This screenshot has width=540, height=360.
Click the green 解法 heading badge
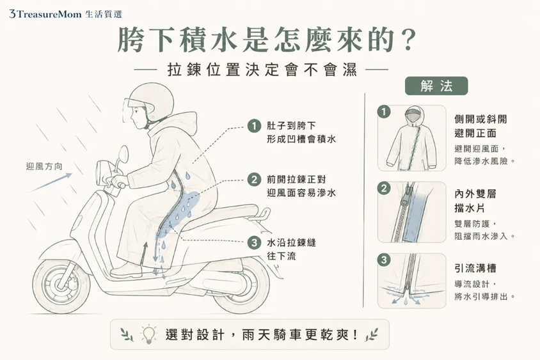point(436,86)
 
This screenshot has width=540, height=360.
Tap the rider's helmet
point(150,101)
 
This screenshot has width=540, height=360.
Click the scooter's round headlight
point(102,172)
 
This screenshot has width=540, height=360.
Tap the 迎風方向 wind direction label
point(44,167)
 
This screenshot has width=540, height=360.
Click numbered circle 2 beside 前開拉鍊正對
point(254,180)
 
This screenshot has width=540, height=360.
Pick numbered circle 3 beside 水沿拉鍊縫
point(254,243)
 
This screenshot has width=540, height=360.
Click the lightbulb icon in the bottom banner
point(148,334)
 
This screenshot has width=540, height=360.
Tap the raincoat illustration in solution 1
point(411,139)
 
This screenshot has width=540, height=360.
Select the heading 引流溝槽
point(475,268)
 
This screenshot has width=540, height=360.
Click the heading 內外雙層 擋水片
point(475,201)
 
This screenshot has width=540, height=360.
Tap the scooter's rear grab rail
point(264,213)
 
